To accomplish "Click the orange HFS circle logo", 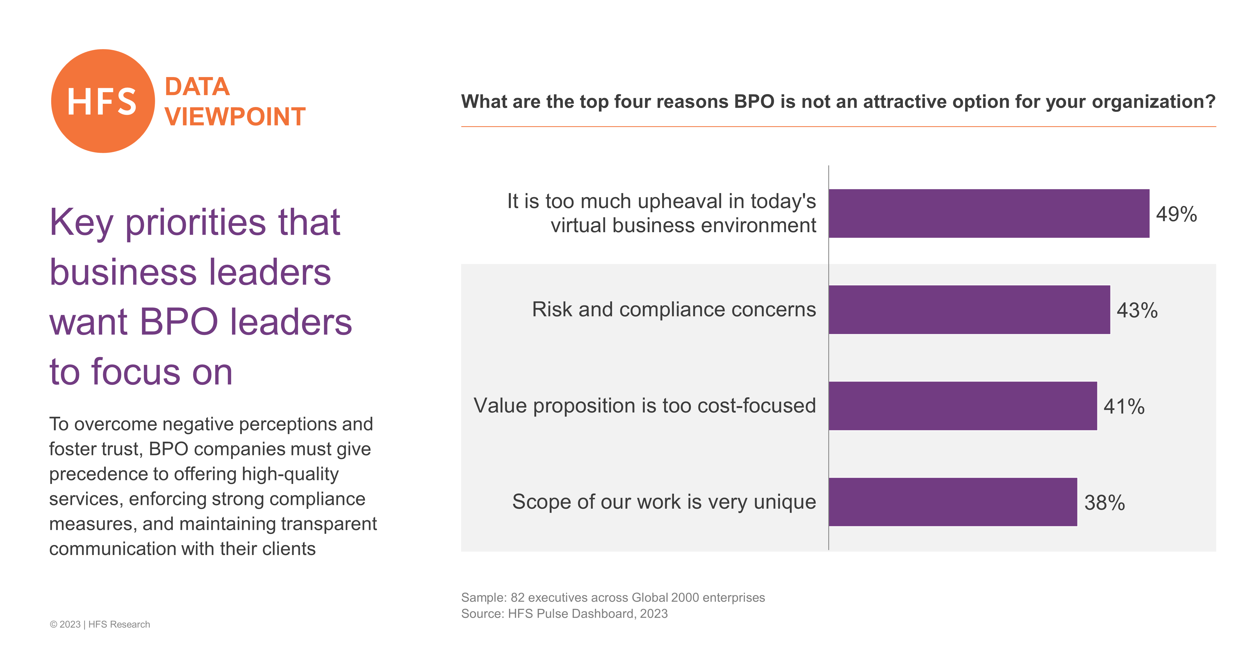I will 103,101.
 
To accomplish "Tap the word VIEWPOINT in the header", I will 235,117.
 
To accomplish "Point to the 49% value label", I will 1176,214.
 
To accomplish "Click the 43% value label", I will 1137,310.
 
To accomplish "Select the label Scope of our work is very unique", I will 664,502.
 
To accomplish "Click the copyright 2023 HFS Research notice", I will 100,624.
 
